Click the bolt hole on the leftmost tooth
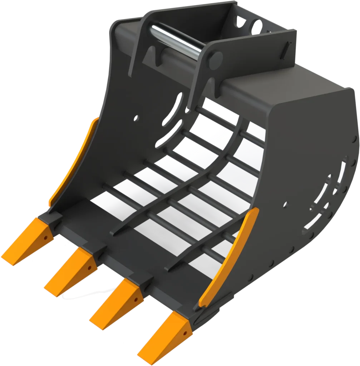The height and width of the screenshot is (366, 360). click(x=46, y=237)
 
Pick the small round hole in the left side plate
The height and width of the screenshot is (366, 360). click(x=136, y=118)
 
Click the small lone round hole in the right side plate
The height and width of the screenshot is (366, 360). click(x=285, y=205)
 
